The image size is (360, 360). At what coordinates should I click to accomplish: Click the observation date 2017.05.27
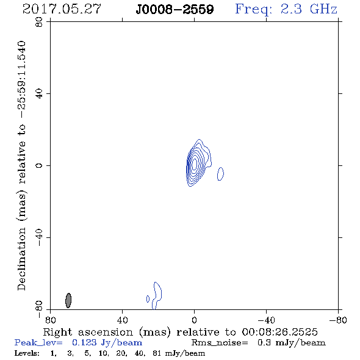tap(62, 9)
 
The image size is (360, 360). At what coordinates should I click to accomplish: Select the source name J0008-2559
tap(175, 10)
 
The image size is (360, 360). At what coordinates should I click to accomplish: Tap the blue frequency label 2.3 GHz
tap(309, 9)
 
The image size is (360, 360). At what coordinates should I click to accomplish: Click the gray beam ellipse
tap(68, 300)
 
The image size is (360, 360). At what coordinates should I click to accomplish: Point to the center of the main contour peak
tap(194, 164)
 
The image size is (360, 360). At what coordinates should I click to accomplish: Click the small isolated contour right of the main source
tap(220, 174)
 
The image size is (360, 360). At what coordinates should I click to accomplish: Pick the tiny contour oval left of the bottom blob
tap(148, 299)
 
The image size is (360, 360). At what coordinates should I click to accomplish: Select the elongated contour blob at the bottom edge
tap(157, 296)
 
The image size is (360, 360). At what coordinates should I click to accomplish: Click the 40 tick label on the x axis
tap(122, 320)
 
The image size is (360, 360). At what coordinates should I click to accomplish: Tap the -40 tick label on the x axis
tap(266, 320)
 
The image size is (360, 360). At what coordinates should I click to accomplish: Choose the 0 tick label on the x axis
tap(194, 320)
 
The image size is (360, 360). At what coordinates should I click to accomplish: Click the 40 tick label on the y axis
tap(39, 94)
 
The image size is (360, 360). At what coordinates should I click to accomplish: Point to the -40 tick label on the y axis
tap(39, 237)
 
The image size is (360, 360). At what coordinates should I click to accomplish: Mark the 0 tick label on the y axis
tap(39, 165)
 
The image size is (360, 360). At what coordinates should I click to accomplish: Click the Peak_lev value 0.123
tap(84, 342)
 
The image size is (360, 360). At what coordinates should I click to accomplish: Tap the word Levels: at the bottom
tap(27, 353)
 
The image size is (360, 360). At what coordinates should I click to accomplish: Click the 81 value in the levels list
tap(157, 353)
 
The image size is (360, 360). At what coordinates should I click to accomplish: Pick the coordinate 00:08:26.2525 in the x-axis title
tap(279, 332)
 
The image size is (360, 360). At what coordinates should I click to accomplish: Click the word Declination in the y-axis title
tap(21, 259)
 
